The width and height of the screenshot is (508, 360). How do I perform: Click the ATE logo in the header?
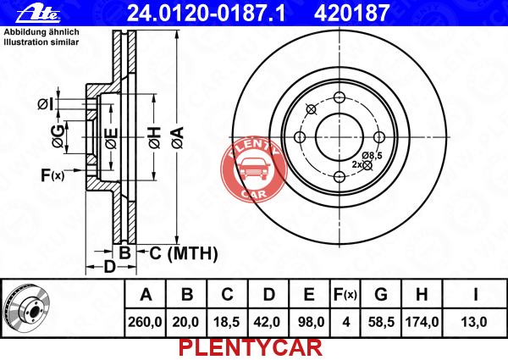click(38, 13)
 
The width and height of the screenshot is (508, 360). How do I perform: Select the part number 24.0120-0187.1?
click(206, 13)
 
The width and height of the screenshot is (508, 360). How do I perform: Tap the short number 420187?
click(351, 13)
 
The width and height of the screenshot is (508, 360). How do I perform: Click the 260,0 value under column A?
click(145, 322)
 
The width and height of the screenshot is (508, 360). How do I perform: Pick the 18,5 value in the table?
click(226, 322)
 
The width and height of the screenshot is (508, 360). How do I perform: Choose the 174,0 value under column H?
click(422, 322)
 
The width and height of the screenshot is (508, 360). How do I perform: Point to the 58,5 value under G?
click(381, 322)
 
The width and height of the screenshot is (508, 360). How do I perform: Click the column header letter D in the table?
click(269, 295)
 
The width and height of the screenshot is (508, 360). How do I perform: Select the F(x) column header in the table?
click(345, 295)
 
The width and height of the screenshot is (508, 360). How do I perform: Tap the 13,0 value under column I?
click(474, 322)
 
